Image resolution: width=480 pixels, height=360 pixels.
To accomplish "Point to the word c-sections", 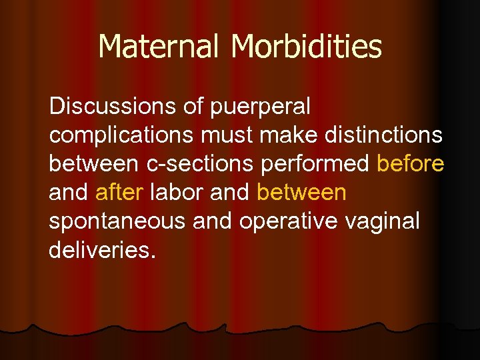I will pyautogui.click(x=192, y=163).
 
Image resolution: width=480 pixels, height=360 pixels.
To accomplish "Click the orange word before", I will pyautogui.click(x=411, y=163).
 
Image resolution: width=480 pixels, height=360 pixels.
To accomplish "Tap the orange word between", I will pyautogui.click(x=301, y=192).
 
